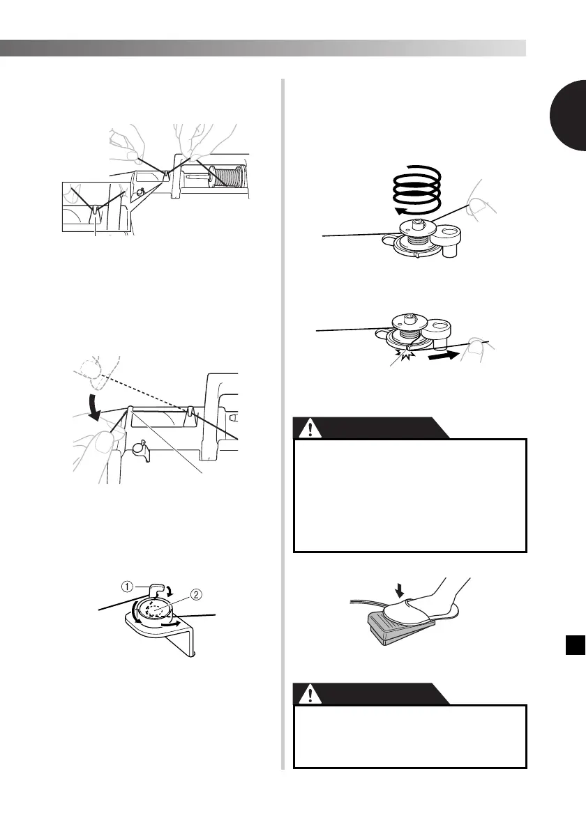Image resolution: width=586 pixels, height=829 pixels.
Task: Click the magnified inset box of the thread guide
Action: coord(93,206)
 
